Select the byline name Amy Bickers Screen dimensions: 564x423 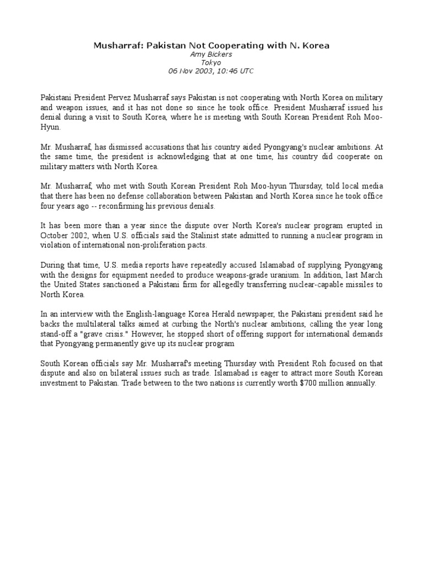pos(211,55)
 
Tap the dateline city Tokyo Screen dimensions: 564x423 pos(211,63)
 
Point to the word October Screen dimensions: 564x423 pos(55,236)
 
